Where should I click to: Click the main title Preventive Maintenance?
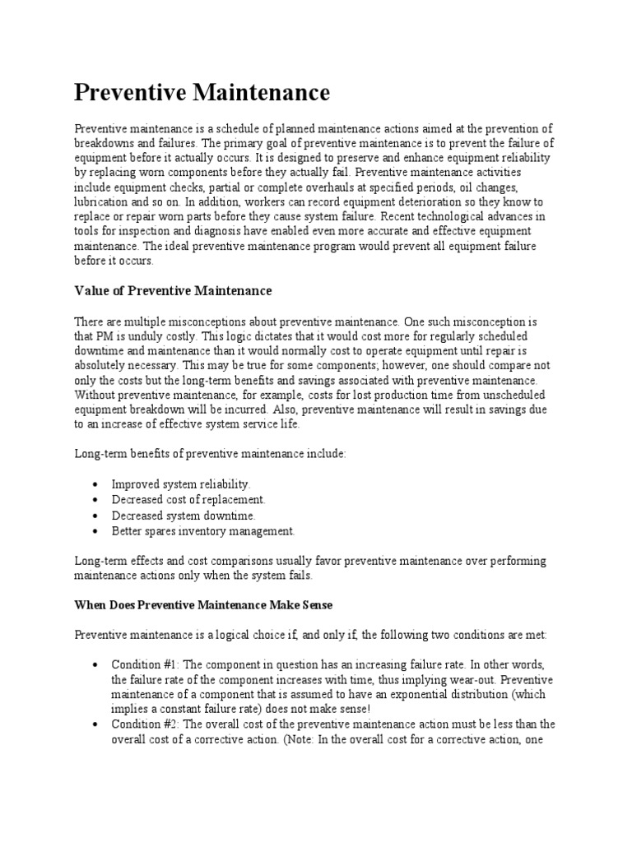202,92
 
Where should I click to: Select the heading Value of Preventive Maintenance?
173,291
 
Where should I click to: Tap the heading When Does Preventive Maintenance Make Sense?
202,604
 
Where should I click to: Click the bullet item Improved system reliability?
180,484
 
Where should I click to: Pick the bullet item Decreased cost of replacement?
188,500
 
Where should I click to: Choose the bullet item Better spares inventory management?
202,531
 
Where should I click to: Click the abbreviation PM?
106,337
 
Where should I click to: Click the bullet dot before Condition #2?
96,724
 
